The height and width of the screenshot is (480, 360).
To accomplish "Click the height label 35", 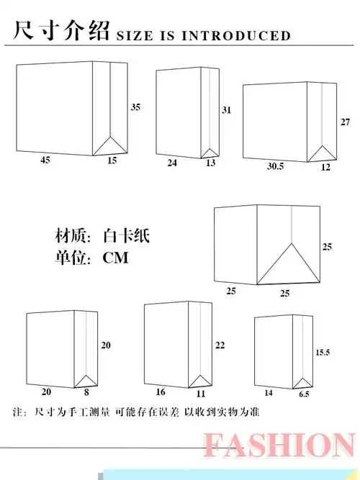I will point(135,107).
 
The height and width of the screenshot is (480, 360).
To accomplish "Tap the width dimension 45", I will point(45,161).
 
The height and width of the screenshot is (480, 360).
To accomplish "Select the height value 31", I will point(226,110).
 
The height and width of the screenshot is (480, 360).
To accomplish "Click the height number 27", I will point(345,122).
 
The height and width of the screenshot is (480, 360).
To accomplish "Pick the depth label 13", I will point(210,163).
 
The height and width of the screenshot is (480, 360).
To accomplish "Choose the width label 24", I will point(172,163).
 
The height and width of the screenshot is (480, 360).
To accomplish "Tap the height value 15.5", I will point(323,353).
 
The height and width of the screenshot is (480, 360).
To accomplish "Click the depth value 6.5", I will point(305,394).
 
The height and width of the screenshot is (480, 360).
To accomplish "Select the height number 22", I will point(220,345).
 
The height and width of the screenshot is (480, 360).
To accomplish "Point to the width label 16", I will point(161,393).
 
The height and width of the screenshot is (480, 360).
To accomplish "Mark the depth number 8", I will point(87,392).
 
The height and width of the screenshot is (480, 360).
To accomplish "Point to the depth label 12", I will point(325,166).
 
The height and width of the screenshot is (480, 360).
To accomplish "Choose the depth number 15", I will point(112,160).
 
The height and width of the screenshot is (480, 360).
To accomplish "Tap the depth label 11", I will point(201,394).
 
